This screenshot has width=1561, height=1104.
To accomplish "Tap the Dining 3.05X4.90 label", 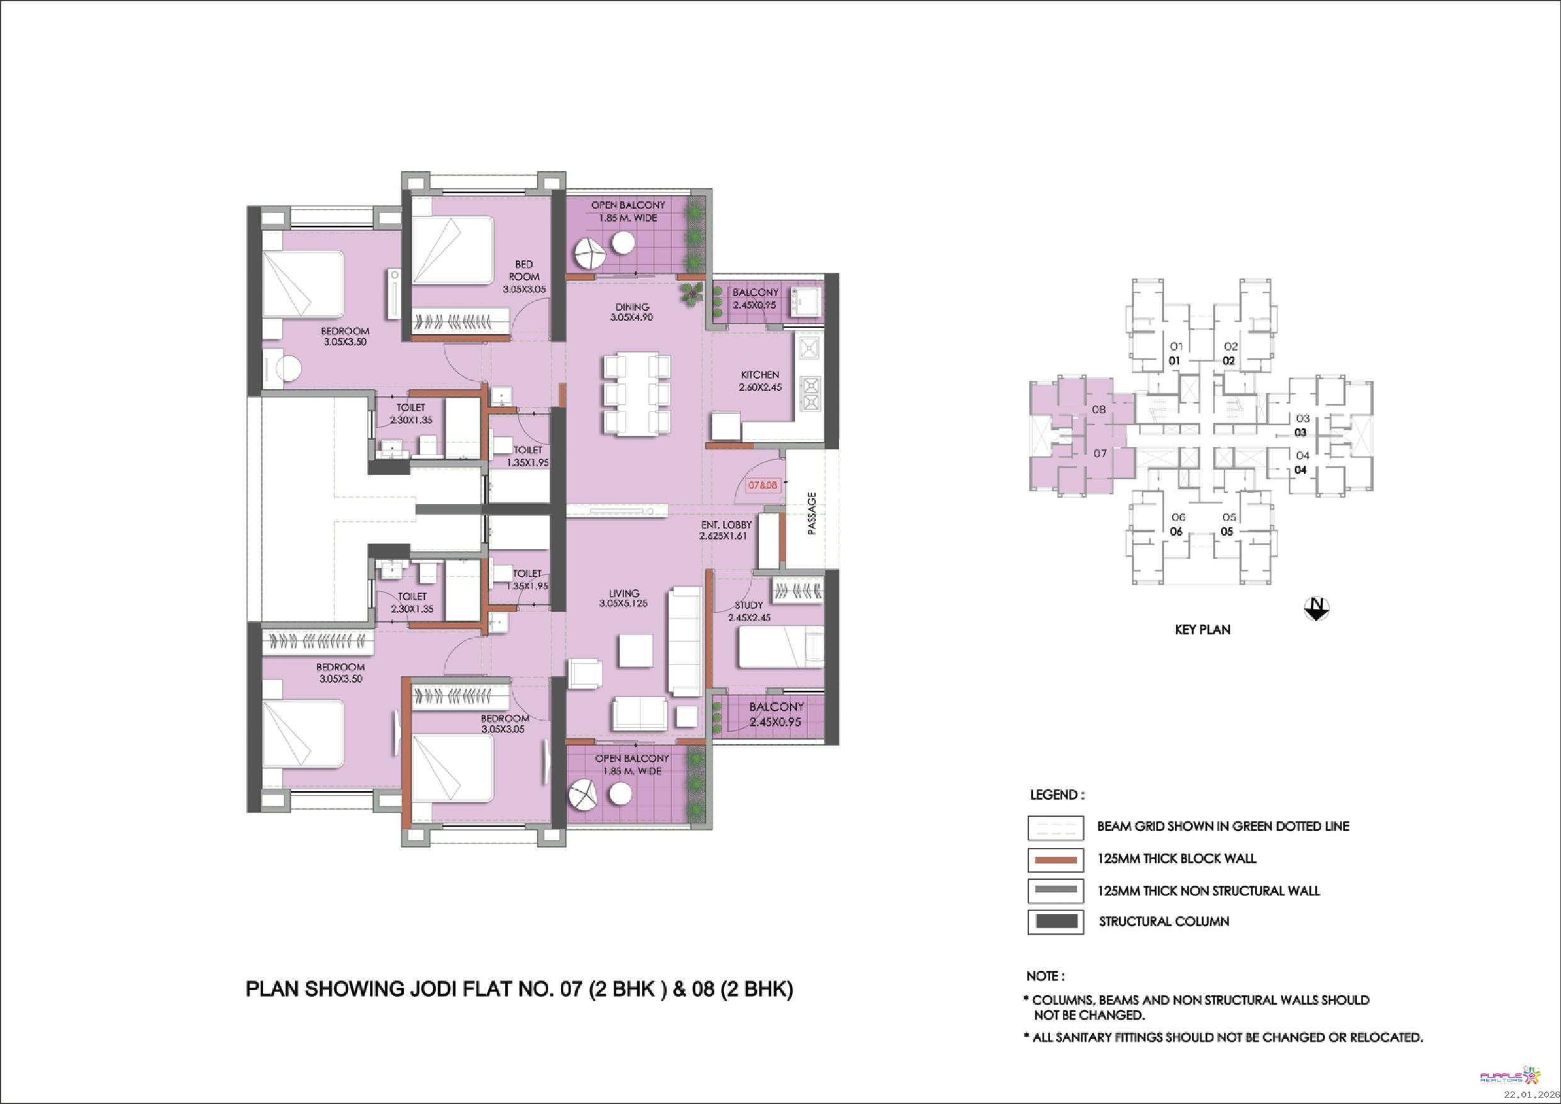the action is [631, 312].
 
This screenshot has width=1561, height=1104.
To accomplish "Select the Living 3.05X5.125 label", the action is [623, 597].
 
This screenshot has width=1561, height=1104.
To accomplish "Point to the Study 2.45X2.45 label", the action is [749, 611].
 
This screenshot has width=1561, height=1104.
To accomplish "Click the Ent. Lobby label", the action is [727, 525].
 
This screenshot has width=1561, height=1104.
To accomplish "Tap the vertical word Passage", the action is [811, 513].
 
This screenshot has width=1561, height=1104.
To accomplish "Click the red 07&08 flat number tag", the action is [762, 485].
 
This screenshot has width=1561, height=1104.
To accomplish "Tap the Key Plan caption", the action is [1202, 629].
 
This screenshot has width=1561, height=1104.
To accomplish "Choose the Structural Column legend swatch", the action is [1055, 921].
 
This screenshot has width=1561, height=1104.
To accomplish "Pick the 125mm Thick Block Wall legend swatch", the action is [1055, 859].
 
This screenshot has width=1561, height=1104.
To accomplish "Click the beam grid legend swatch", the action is [1055, 827].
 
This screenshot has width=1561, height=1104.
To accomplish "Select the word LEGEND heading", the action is [1057, 795].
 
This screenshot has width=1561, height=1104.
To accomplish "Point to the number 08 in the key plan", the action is [1100, 409].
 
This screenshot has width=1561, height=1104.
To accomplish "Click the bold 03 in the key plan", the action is [1300, 432].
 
